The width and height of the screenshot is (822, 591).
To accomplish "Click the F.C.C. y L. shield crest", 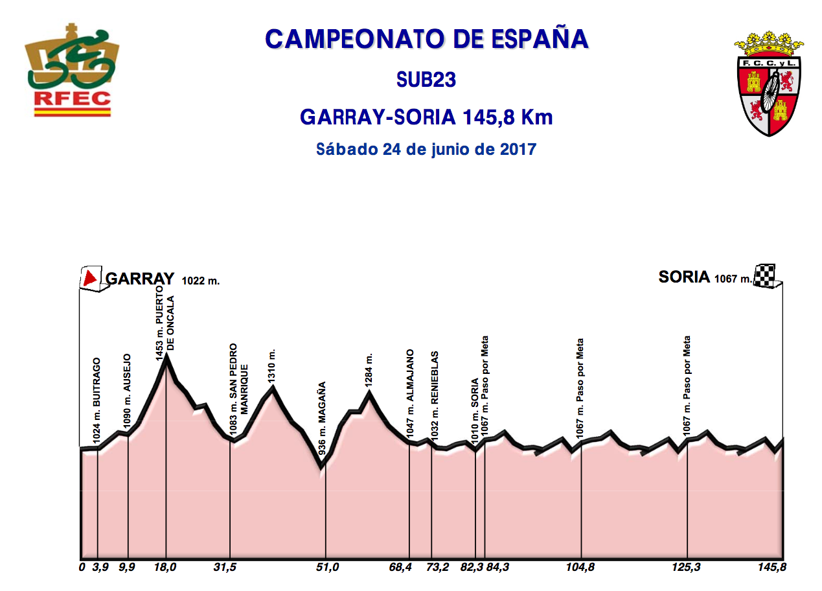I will click(770, 83).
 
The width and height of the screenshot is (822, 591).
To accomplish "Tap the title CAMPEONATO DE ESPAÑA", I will click(426, 40).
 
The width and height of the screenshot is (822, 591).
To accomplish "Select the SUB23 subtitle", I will click(426, 80).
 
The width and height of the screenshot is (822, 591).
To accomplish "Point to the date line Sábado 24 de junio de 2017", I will click(426, 149).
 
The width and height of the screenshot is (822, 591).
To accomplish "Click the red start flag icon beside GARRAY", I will click(90, 278).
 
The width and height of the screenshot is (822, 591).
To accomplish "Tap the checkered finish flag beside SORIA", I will click(765, 276).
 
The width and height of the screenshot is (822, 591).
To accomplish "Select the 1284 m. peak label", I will click(369, 370).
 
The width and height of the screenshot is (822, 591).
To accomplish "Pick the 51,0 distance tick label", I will click(327, 568).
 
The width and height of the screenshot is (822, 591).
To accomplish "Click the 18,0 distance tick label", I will click(166, 568).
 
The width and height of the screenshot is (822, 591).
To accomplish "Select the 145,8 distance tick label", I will click(771, 568).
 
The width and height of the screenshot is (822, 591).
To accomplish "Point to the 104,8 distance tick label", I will click(581, 568).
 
